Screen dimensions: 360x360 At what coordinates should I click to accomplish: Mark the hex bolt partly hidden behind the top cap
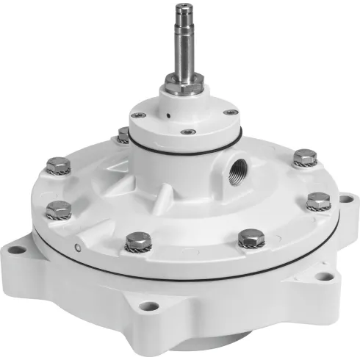coord(123,135)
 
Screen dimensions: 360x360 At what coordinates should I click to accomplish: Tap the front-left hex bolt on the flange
coord(134,240)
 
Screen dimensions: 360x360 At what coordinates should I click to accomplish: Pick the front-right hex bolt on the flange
coord(247,237)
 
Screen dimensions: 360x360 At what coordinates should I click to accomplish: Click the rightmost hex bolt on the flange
coord(318,201)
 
